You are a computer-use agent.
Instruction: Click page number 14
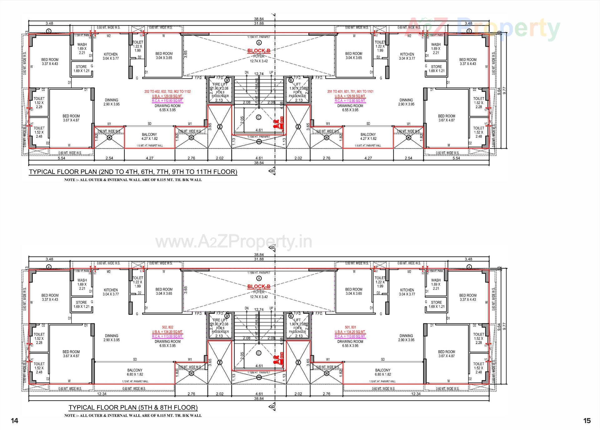pyautogui.click(x=15, y=421)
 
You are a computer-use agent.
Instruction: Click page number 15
pyautogui.click(x=587, y=421)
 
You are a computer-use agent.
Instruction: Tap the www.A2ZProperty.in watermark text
pyautogui.click(x=234, y=242)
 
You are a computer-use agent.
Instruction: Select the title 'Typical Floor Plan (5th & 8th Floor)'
pyautogui.click(x=133, y=407)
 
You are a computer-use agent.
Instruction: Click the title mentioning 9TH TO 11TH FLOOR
pyautogui.click(x=133, y=172)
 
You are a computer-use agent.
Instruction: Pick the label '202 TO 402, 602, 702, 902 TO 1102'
pyautogui.click(x=167, y=92)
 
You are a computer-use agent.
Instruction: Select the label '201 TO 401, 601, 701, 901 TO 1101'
pyautogui.click(x=350, y=92)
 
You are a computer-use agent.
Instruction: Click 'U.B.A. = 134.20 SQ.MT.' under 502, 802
pyautogui.click(x=167, y=332)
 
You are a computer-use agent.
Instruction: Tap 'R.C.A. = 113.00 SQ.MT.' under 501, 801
pyautogui.click(x=350, y=336)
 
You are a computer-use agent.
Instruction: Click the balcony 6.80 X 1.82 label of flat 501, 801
pyautogui.click(x=382, y=372)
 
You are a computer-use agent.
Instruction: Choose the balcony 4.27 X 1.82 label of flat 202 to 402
pyautogui.click(x=149, y=136)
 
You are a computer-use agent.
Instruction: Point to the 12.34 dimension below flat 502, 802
pyautogui.click(x=102, y=394)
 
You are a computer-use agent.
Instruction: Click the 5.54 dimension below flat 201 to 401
pyautogui.click(x=456, y=158)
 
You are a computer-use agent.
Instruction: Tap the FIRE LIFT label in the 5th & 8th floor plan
pyautogui.click(x=220, y=320)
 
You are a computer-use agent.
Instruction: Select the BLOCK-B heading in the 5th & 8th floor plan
pyautogui.click(x=259, y=286)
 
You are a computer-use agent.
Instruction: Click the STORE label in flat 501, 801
pyautogui.click(x=436, y=302)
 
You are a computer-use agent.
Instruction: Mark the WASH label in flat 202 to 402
pyautogui.click(x=82, y=44)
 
